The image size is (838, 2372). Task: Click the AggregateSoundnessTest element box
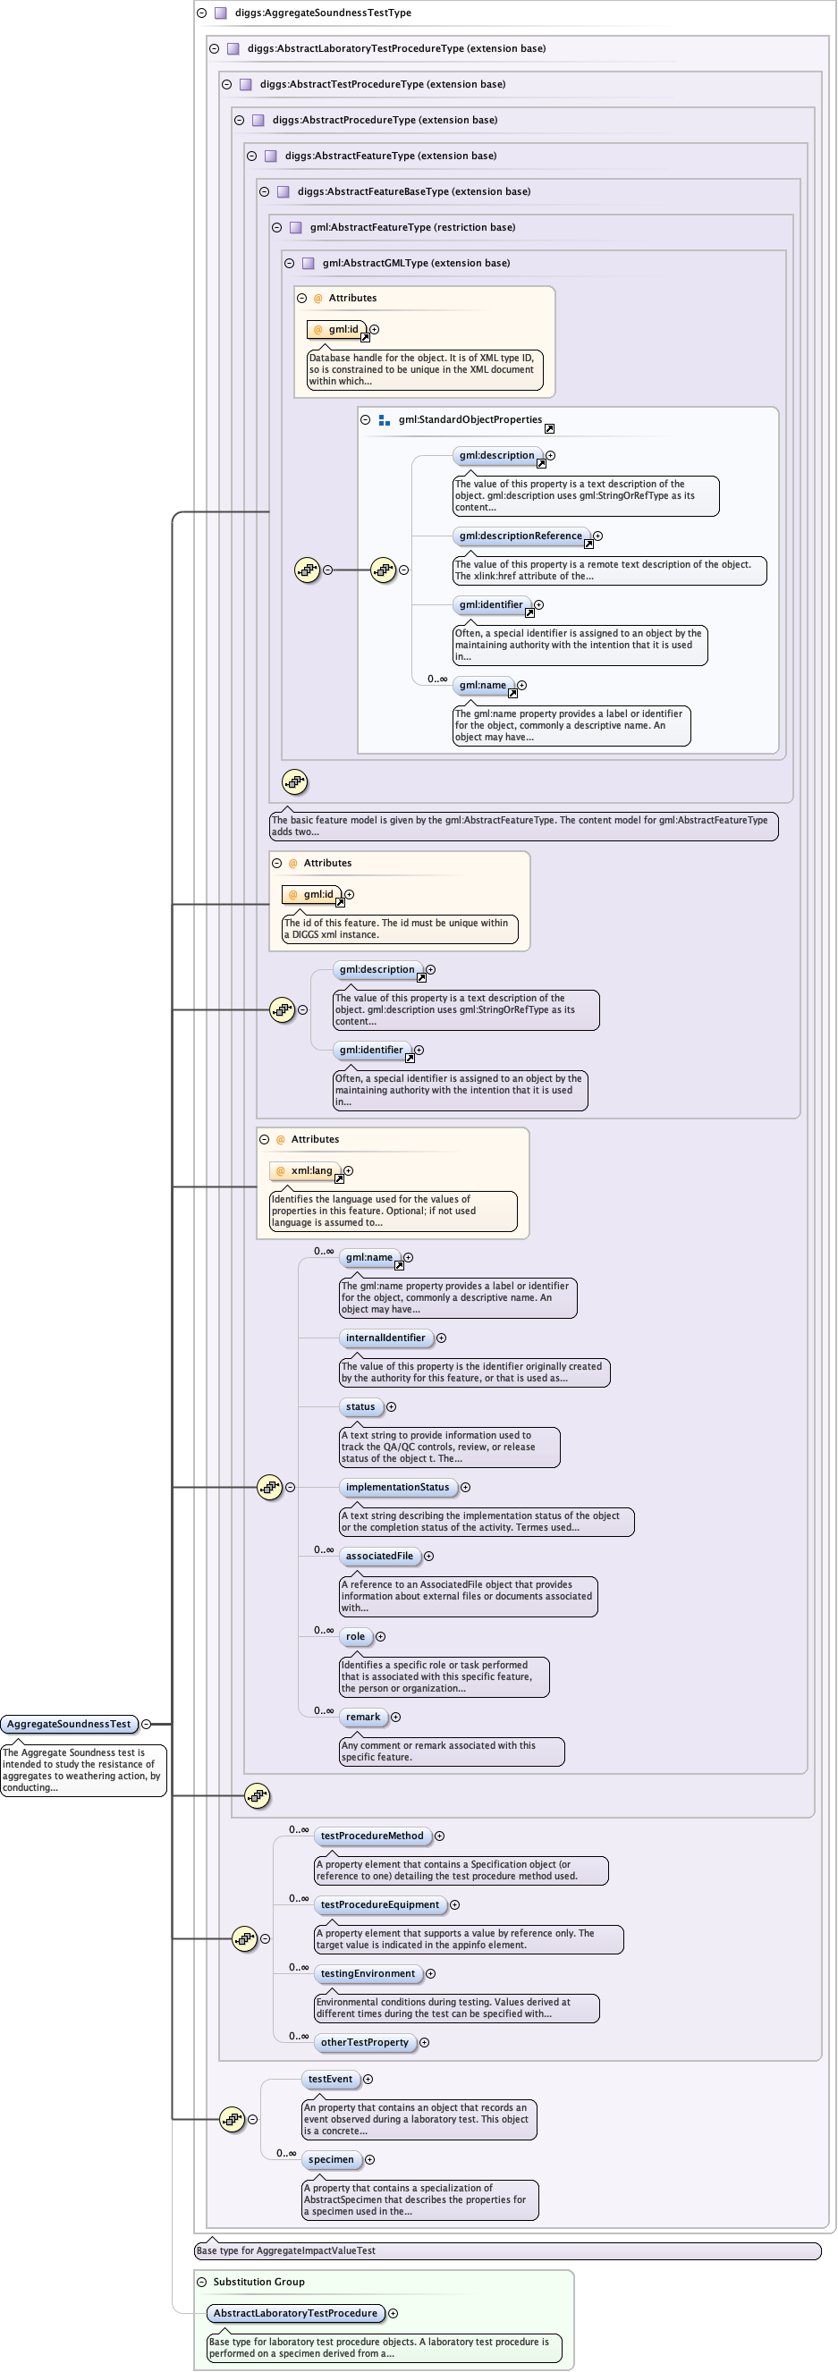pyautogui.click(x=69, y=1724)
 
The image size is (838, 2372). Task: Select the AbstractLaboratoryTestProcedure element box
pyautogui.click(x=294, y=2313)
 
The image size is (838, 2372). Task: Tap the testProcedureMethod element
pyautogui.click(x=372, y=1836)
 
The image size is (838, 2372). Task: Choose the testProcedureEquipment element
pyautogui.click(x=379, y=1904)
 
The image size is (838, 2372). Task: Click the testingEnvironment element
pyautogui.click(x=368, y=1973)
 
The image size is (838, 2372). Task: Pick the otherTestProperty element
pyautogui.click(x=365, y=2042)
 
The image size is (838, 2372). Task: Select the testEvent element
pyautogui.click(x=330, y=2079)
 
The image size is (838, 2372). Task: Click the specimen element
pyautogui.click(x=331, y=2159)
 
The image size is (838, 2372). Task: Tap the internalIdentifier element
pyautogui.click(x=385, y=1338)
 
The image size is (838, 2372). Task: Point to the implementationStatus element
pyautogui.click(x=397, y=1487)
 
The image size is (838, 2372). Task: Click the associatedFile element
pyautogui.click(x=379, y=1557)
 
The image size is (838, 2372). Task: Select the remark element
pyautogui.click(x=363, y=1717)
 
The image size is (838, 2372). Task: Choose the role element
pyautogui.click(x=355, y=1636)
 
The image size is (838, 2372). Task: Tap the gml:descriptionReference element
pyautogui.click(x=521, y=536)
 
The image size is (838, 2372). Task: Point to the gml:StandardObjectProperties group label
pyautogui.click(x=470, y=420)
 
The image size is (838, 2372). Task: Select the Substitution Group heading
pyautogui.click(x=258, y=2282)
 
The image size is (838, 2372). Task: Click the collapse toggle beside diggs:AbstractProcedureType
pyautogui.click(x=240, y=121)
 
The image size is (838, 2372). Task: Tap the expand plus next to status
pyautogui.click(x=392, y=1407)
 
